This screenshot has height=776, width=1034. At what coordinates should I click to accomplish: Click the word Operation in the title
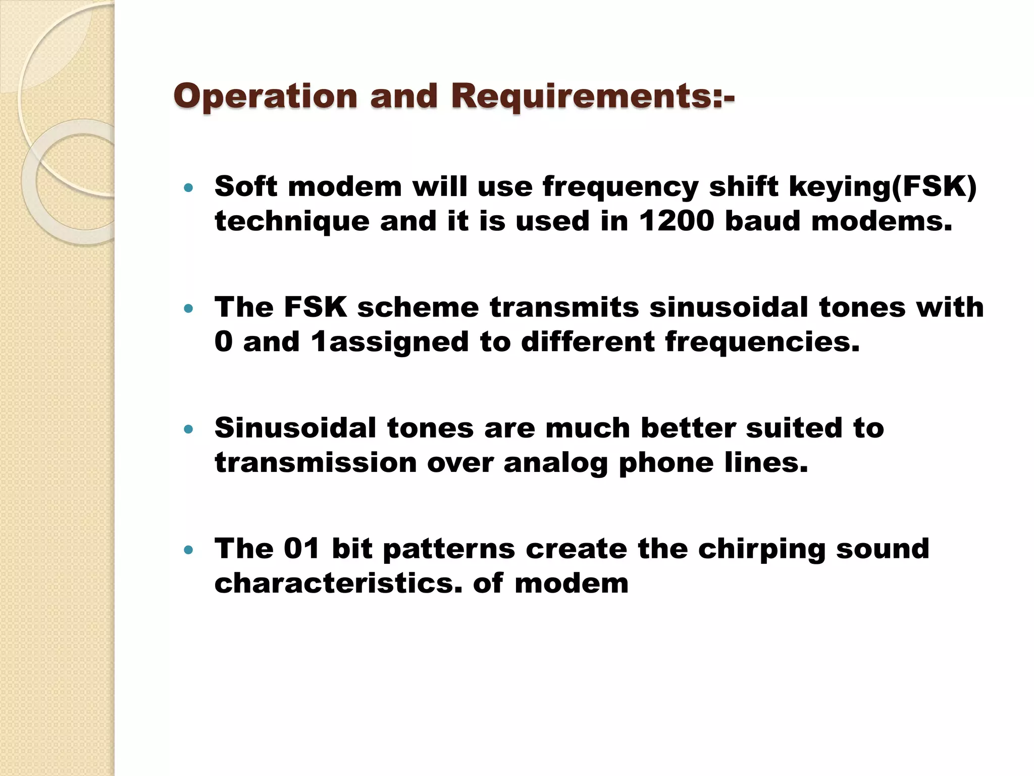266,96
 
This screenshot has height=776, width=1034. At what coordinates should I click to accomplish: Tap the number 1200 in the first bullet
676,221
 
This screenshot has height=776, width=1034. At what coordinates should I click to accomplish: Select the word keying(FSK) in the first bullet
883,187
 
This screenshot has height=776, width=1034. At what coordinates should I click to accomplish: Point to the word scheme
418,307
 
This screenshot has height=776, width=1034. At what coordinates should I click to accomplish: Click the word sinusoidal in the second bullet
729,307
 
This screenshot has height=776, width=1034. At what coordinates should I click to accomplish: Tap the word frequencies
762,342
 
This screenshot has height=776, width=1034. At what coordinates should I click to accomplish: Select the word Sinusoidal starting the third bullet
295,428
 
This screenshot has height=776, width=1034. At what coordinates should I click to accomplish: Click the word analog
555,463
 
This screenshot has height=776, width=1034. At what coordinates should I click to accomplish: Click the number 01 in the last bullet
302,549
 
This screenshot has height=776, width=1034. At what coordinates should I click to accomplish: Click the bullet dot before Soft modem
189,188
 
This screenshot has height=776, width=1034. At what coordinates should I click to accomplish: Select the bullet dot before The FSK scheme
189,309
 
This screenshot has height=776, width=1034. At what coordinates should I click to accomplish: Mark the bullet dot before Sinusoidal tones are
189,429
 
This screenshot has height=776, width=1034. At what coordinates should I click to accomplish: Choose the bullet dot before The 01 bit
189,550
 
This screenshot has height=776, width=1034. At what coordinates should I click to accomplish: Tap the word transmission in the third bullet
316,463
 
